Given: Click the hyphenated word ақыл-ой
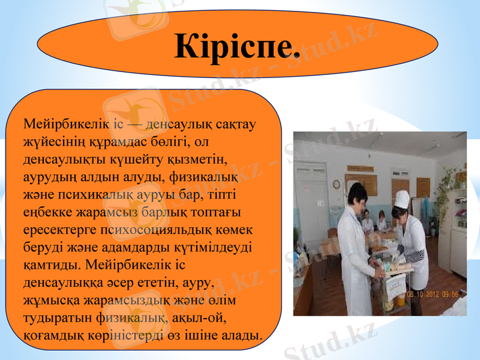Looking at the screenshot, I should point(201,317).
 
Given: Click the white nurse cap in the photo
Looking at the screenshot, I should point(401,199).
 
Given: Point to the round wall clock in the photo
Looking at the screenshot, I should point(336,184).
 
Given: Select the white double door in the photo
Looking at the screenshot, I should point(312,198).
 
